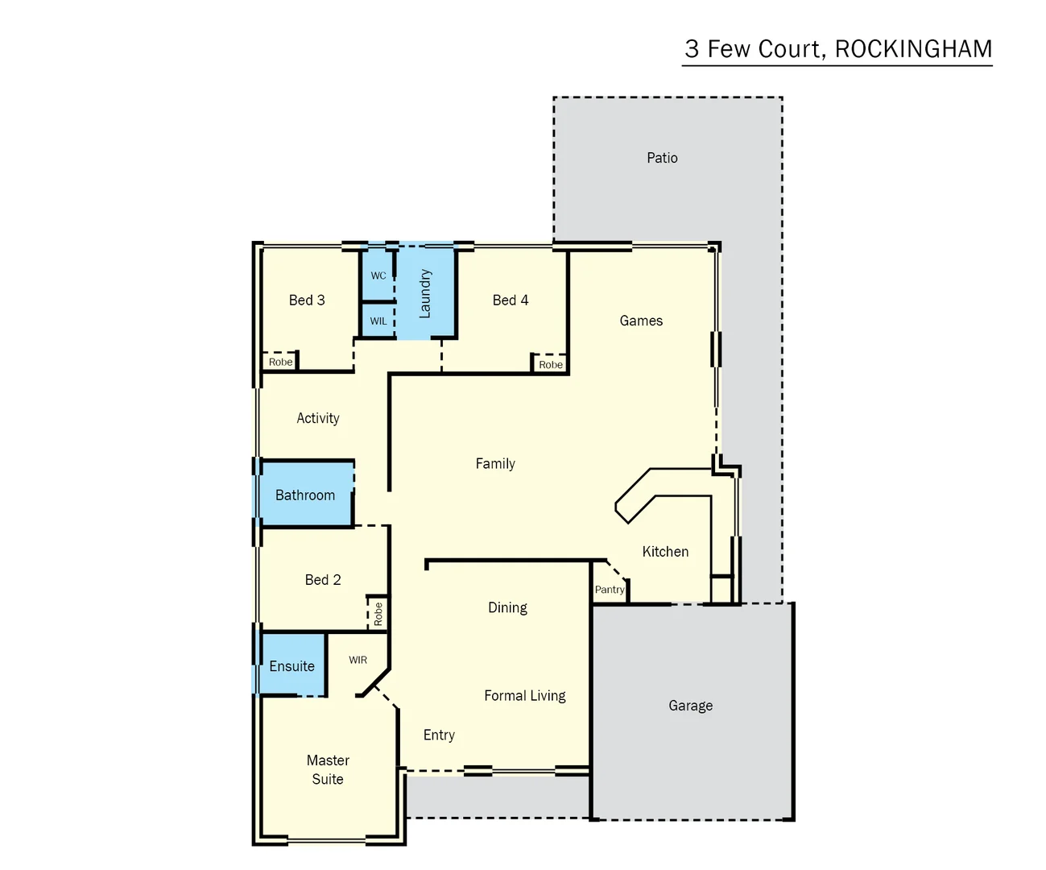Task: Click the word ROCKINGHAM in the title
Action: point(913,49)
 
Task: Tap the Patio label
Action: point(662,158)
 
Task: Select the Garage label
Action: point(690,706)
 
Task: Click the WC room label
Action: point(378,275)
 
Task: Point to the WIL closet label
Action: point(378,321)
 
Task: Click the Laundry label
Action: point(425,293)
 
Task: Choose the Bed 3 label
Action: point(307,300)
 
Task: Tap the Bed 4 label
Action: point(511,300)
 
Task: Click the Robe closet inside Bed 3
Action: point(280,362)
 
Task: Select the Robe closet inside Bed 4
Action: point(551,365)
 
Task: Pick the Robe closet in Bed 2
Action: point(378,614)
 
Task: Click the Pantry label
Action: point(610,590)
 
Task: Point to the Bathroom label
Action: point(305,495)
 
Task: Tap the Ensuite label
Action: point(291,666)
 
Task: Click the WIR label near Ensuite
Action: point(358,660)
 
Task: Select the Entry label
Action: point(439,735)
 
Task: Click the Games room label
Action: point(641,321)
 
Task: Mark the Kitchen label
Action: point(665,552)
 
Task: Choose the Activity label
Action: point(318,418)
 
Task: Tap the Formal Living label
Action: point(524,696)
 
